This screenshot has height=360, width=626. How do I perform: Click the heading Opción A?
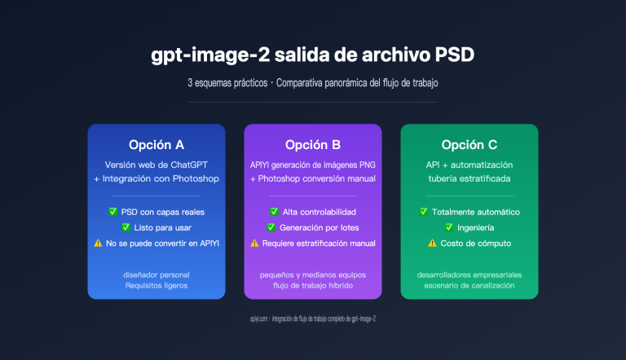156,145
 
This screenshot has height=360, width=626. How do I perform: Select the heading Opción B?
313,145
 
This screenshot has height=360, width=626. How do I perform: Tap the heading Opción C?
469,145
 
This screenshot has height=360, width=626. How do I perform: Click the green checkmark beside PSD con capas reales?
113,212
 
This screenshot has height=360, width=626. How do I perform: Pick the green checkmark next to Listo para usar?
126,227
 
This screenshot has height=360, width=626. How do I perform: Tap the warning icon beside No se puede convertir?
99,243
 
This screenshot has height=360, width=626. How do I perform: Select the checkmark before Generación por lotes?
271,227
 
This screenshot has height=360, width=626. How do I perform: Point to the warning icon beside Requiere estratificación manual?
254,243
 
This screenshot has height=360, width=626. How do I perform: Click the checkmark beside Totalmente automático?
424,212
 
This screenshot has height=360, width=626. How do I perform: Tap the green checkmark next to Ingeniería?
449,227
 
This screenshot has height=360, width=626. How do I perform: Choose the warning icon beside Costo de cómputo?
432,243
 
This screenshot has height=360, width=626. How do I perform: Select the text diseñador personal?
156,274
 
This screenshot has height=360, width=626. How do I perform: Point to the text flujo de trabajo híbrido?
313,286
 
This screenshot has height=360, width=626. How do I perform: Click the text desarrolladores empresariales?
469,274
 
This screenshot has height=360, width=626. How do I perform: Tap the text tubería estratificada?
469,178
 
